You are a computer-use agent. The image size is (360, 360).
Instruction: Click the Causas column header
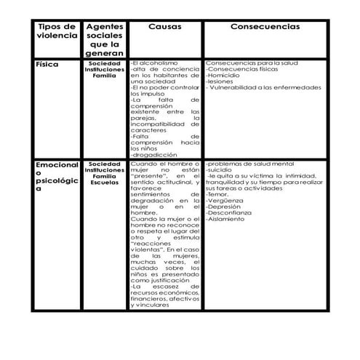pos(164,26)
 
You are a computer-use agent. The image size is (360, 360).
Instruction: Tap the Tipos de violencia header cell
pos(56,31)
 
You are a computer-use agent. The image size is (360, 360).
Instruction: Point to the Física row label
pos(48,65)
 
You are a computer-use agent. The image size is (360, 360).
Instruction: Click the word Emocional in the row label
pos(57,166)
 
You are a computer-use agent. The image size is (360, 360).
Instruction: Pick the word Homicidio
pos(224,76)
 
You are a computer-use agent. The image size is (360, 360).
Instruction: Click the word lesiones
pos(220,81)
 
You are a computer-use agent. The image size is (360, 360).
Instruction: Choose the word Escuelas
pos(105,182)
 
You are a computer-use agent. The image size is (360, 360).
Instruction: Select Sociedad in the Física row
pos(105,63)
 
